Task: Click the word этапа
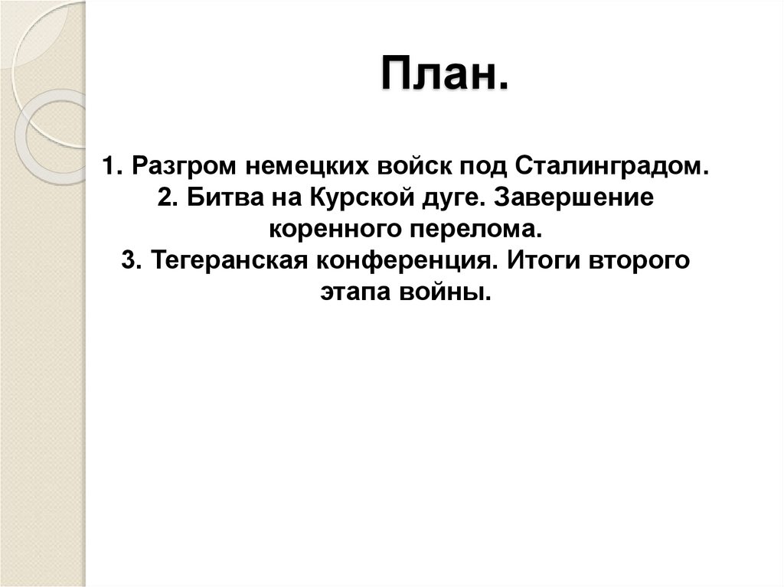(353, 292)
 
